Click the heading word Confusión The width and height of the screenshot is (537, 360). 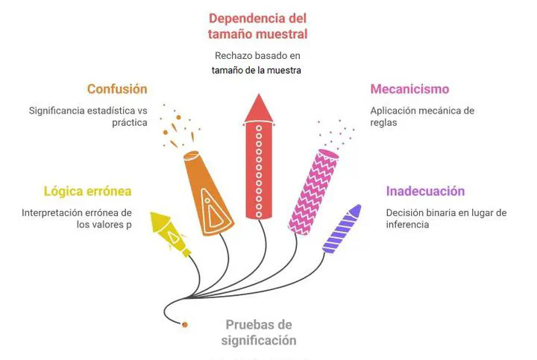coord(117,89)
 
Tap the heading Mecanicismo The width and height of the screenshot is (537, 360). coord(409,89)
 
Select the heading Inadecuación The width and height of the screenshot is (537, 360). coord(425,191)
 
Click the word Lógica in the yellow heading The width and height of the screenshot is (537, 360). coord(63,192)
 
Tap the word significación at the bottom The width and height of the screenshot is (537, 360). coord(259,341)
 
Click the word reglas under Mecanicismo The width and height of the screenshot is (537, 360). coord(383,122)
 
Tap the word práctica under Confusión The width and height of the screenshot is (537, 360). coord(130,122)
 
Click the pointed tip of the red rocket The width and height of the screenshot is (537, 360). coord(259,94)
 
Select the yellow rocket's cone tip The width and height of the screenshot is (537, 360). coord(151,213)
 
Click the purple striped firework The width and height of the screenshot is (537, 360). coord(342,229)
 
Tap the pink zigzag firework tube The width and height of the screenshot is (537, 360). coord(313,192)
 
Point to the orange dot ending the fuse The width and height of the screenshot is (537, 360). coord(185,324)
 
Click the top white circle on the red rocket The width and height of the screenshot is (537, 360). coord(259,128)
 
